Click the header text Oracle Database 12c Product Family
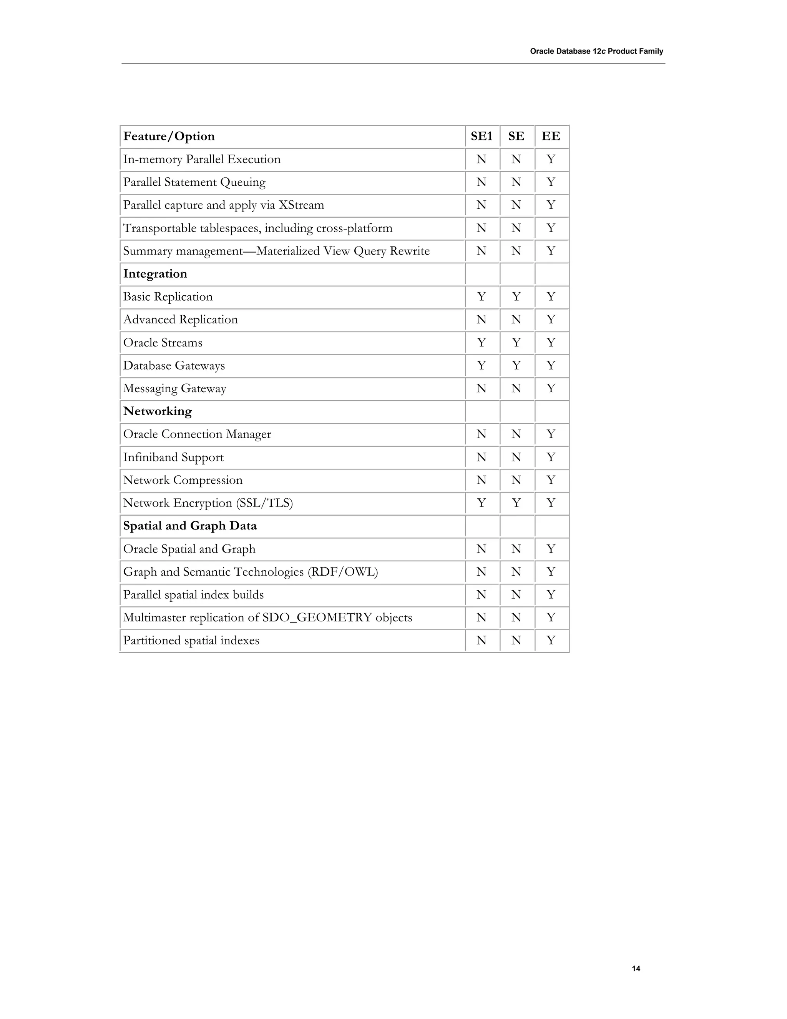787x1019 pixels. coord(596,51)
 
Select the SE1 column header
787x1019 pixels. coord(481,136)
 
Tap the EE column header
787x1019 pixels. coord(551,136)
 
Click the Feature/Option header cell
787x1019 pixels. coord(169,136)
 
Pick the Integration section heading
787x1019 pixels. coord(155,274)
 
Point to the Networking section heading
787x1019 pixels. coord(157,411)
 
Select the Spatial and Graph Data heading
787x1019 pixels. coord(190,526)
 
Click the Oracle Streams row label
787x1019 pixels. coord(163,343)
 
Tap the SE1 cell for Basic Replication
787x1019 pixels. coord(481,297)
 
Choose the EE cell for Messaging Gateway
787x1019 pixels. coord(551,388)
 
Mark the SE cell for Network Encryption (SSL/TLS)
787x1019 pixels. coord(516,503)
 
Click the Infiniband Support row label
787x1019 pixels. coord(173,457)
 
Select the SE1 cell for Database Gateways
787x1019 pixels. coord(481,365)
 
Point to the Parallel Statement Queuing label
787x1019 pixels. coord(194,182)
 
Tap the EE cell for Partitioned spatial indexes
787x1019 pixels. coord(551,641)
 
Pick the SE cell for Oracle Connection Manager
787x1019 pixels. coord(516,434)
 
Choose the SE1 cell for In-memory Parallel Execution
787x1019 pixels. coord(481,159)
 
